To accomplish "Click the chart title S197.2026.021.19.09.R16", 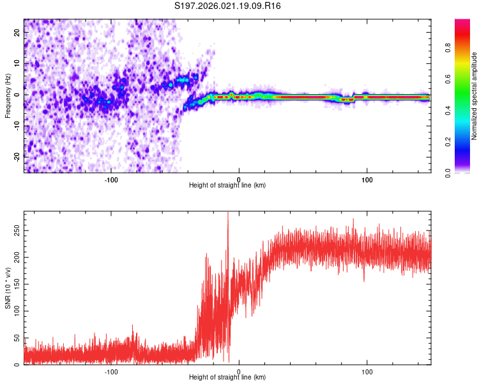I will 227,6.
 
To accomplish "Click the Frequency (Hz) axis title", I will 8,95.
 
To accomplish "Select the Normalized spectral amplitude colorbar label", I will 475,96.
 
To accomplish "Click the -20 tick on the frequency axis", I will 16,156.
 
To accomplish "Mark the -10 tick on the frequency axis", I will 16,125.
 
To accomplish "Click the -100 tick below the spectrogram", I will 110,179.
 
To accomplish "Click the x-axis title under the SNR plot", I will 227,378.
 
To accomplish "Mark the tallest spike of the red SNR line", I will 228,213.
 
